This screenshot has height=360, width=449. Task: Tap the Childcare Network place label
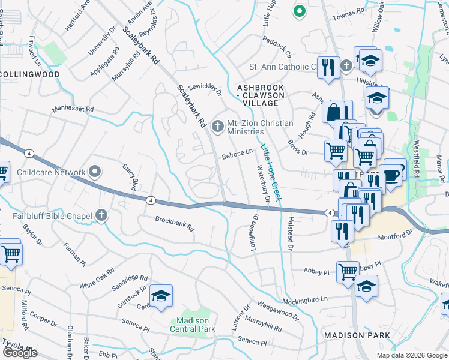click(51, 172)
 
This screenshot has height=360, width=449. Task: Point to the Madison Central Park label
click(192, 325)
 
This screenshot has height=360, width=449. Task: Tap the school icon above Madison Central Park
click(161, 296)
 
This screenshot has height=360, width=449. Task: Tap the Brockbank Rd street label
click(175, 224)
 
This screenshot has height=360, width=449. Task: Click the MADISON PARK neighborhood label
click(356, 335)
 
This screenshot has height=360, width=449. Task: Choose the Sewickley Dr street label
click(205, 89)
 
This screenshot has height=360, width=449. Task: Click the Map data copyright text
click(412, 355)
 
